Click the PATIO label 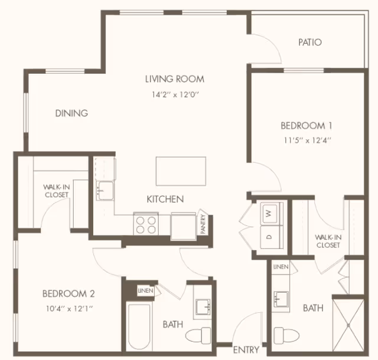[309, 42]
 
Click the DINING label [71, 113]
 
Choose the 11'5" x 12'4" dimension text [306, 140]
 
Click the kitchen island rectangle [181, 171]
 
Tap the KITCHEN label [165, 199]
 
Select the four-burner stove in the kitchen [146, 224]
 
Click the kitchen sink [106, 191]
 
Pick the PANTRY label [203, 224]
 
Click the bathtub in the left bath [141, 325]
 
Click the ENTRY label [246, 350]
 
